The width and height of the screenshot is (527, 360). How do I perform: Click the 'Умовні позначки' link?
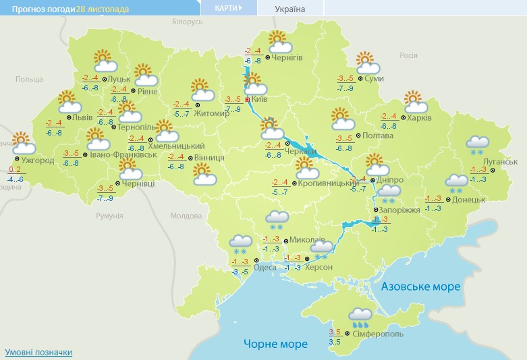click(x=38, y=352)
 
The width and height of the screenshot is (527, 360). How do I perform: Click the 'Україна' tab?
click(x=290, y=9)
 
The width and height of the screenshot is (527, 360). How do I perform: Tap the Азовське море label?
click(x=420, y=287)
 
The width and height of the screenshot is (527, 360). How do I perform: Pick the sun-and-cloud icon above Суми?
click(x=368, y=63)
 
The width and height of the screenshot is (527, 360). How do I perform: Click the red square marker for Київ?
click(x=248, y=99)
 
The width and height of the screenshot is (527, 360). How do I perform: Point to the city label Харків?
click(x=420, y=117)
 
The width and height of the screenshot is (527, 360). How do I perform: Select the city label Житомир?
click(x=212, y=113)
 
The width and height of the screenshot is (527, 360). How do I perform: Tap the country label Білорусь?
click(x=187, y=22)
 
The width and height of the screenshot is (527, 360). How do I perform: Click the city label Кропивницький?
click(x=328, y=183)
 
